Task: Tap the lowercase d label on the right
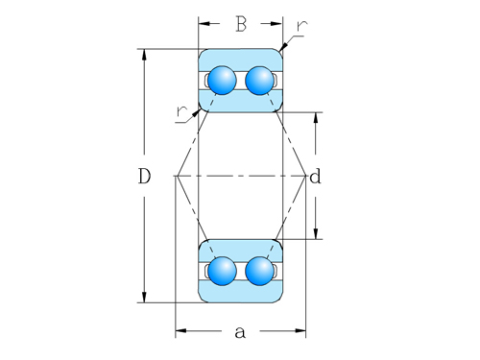(315, 177)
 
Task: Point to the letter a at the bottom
(240, 332)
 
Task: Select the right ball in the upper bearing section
(258, 80)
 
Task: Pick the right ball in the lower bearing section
(258, 271)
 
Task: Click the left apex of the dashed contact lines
(176, 176)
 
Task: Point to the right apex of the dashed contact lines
(305, 176)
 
